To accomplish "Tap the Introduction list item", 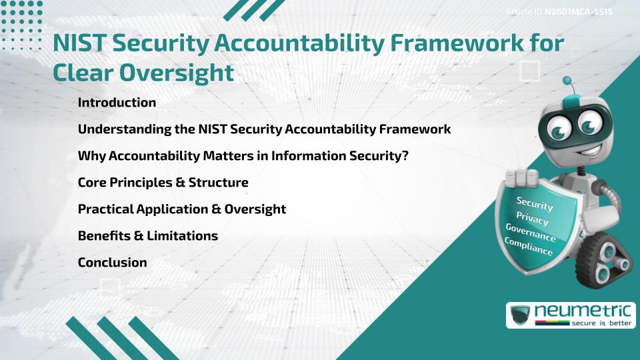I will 117,103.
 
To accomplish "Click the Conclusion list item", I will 112,262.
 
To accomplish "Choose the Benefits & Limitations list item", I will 147,235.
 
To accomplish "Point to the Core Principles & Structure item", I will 163,182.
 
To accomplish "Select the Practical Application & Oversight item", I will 181,209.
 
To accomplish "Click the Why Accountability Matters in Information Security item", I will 243,155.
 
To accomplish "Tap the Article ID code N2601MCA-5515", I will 579,12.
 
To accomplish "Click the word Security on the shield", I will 535,203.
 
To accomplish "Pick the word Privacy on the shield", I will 532,218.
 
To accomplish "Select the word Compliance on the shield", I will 528,247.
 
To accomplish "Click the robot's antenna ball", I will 567,81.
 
